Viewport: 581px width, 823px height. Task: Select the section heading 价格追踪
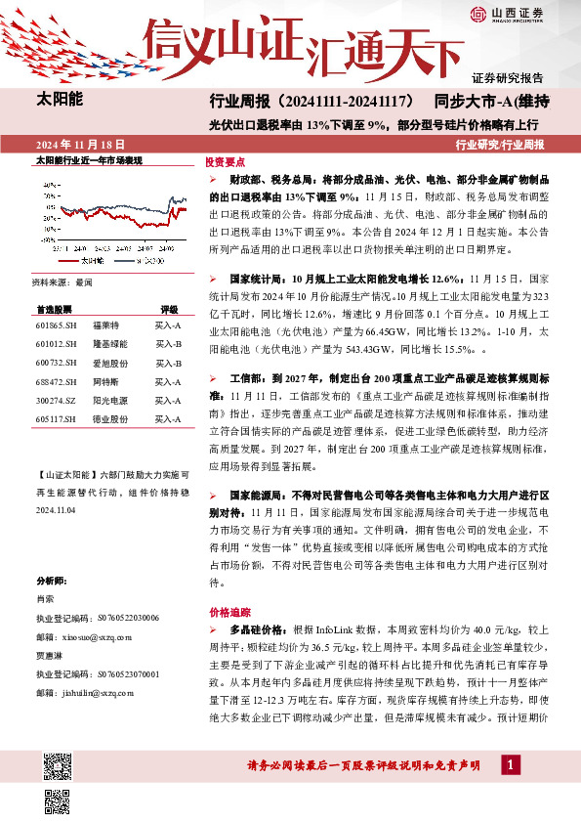(x=224, y=610)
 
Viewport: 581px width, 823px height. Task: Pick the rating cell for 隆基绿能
(x=169, y=343)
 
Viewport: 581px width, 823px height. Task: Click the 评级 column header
(x=169, y=308)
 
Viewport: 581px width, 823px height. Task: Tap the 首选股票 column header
(x=55, y=308)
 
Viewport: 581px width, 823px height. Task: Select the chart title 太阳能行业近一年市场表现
(x=89, y=159)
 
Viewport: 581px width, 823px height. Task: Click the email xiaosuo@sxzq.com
(x=82, y=634)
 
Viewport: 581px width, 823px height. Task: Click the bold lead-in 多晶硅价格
(x=252, y=631)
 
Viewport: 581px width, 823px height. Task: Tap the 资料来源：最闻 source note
(x=62, y=282)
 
